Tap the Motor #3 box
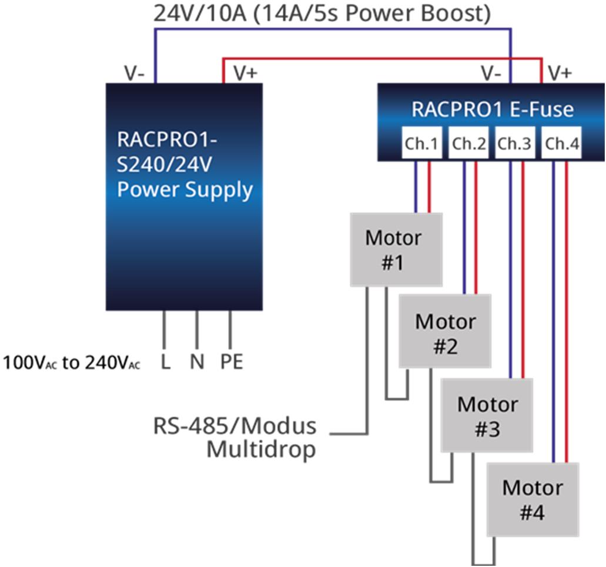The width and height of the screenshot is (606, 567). click(487, 416)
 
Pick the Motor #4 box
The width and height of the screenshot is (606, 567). click(533, 499)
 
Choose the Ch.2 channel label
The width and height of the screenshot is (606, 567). click(468, 143)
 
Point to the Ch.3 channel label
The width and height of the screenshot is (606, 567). click(514, 143)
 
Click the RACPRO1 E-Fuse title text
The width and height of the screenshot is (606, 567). click(492, 109)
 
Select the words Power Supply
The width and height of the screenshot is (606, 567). click(185, 190)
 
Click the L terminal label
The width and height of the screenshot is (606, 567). click(165, 362)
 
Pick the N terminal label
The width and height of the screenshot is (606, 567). click(197, 362)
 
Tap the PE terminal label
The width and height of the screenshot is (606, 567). click(232, 362)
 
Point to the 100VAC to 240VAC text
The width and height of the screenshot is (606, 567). click(72, 363)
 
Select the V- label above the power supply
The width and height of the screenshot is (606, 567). click(135, 73)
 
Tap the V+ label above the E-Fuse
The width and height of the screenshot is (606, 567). click(560, 73)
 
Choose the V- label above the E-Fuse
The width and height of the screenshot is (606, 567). click(491, 73)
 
